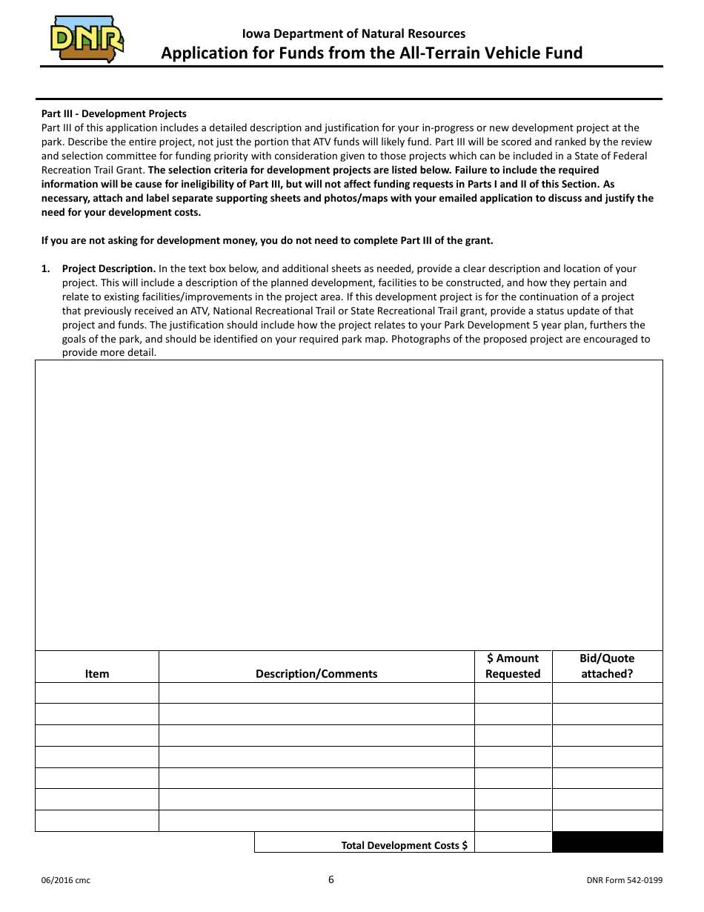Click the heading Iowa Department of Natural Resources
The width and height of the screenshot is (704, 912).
click(x=353, y=33)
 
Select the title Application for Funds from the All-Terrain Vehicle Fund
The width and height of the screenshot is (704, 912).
click(x=372, y=53)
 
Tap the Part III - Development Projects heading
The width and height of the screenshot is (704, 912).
click(x=114, y=113)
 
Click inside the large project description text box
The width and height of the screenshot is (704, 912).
click(x=348, y=504)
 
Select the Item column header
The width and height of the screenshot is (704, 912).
click(x=97, y=673)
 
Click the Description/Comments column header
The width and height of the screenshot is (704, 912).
click(x=316, y=673)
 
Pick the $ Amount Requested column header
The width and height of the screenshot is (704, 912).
click(x=513, y=666)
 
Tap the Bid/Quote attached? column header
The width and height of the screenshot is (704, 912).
click(x=607, y=666)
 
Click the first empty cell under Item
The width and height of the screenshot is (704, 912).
click(x=97, y=693)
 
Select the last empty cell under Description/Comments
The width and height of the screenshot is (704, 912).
click(x=316, y=821)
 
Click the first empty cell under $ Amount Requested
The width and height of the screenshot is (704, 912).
click(x=513, y=693)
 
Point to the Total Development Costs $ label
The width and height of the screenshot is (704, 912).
click(x=404, y=845)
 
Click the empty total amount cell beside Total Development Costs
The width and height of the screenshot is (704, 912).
click(x=513, y=842)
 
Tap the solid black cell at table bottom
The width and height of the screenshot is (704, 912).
click(x=607, y=842)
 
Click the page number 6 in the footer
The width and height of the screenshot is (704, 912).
click(x=331, y=880)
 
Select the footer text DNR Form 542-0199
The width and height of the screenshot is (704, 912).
click(x=624, y=881)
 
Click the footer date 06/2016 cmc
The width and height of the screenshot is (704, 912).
click(x=66, y=881)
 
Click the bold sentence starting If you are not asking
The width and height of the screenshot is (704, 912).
click(x=267, y=240)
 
